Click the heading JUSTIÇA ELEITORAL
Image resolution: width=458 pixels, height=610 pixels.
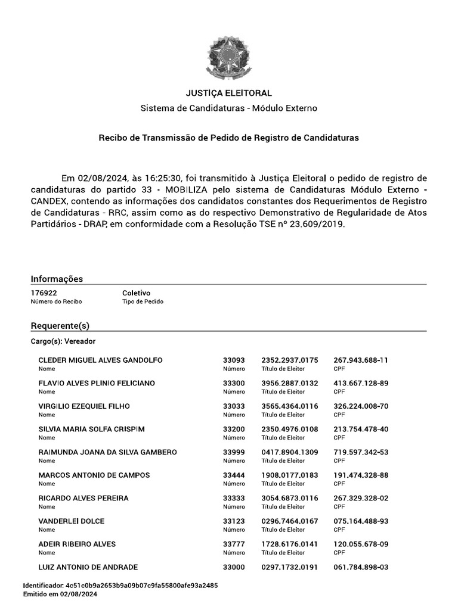pos(228,93)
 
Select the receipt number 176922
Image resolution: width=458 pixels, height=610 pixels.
pos(44,293)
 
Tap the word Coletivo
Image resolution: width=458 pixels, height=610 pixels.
pos(136,293)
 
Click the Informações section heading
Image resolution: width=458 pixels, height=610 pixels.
pos(57,279)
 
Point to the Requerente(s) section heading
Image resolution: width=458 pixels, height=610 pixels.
pos(60,326)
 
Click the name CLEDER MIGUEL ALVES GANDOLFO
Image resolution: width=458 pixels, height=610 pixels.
pos(100,360)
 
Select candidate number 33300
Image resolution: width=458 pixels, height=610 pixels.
pos(234,383)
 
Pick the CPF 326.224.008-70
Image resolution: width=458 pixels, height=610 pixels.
pos(361,406)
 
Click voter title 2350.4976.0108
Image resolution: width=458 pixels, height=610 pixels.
pos(290,429)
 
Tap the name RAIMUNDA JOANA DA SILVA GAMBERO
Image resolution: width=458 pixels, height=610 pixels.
pos(107,452)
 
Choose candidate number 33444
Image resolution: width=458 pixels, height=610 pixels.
pos(234,475)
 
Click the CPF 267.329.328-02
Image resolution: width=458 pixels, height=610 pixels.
pos(361,498)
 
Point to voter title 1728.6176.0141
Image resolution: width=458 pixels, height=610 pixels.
pos(290,544)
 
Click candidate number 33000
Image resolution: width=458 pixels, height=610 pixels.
pos(234,567)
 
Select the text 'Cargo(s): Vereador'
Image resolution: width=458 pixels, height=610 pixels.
pos(63,341)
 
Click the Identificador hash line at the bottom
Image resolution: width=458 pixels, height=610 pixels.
pos(120,586)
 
